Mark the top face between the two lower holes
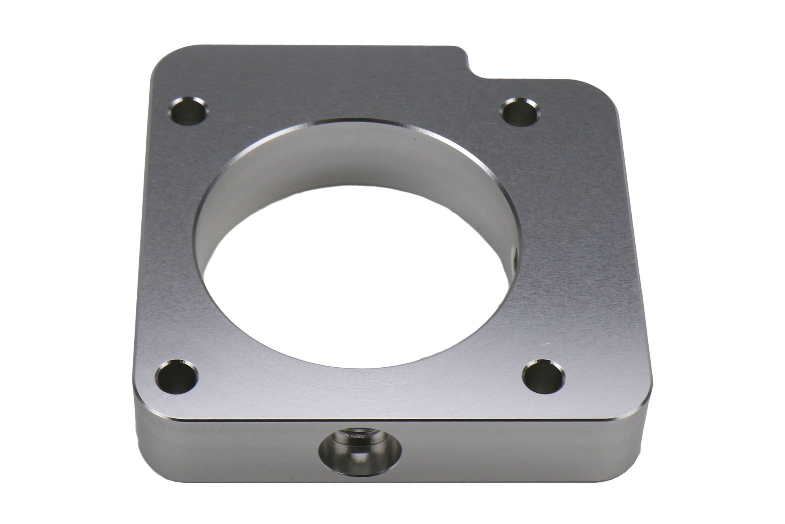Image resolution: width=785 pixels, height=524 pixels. click(x=359, y=388)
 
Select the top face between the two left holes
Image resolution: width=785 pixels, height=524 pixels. click(x=173, y=242)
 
